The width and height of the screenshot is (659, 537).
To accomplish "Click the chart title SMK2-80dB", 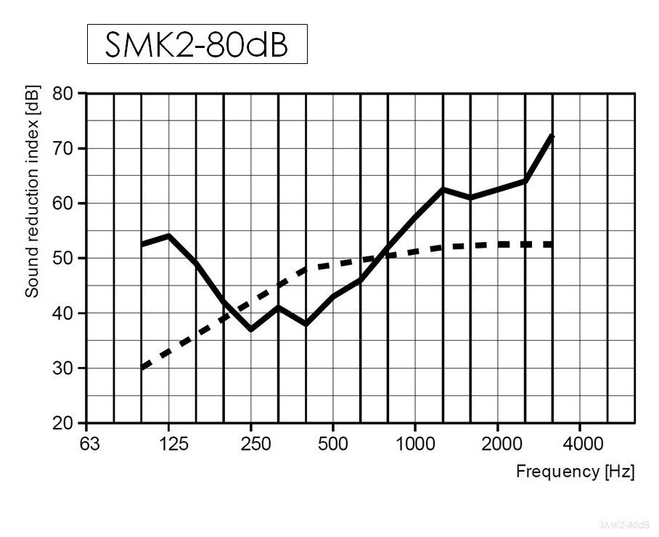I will [197, 44].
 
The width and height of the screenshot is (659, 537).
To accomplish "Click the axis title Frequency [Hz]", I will [575, 472].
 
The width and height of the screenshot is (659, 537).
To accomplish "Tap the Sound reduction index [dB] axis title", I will [32, 191].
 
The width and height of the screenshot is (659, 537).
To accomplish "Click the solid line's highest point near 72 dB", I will [552, 136].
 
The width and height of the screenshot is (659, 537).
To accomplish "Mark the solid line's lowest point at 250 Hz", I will [250, 329].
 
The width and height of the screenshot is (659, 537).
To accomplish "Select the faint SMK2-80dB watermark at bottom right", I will [624, 525].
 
